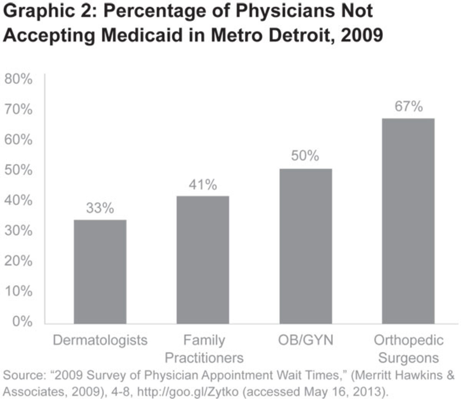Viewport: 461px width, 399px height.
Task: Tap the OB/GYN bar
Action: pyautogui.click(x=305, y=246)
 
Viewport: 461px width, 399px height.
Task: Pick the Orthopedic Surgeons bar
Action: pyautogui.click(x=408, y=221)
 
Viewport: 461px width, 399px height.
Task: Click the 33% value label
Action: pyautogui.click(x=100, y=208)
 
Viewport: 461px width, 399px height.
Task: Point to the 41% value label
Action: pyautogui.click(x=203, y=185)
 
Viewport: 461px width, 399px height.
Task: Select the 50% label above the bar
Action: pyautogui.click(x=305, y=156)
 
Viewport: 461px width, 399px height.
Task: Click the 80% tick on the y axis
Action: pyautogui.click(x=18, y=79)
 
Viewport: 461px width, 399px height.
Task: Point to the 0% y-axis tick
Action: pyautogui.click(x=22, y=322)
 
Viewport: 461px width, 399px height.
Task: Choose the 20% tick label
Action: pyautogui.click(x=18, y=261)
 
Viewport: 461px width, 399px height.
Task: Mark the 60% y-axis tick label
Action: pyautogui.click(x=18, y=140)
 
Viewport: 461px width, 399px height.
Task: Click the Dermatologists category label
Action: pyautogui.click(x=100, y=340)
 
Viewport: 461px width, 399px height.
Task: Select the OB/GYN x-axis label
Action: pyautogui.click(x=305, y=340)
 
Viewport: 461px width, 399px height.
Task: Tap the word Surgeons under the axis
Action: pyautogui.click(x=408, y=358)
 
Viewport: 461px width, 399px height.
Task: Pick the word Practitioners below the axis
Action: pyautogui.click(x=204, y=358)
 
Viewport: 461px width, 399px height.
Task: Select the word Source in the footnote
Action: pyautogui.click(x=24, y=375)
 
